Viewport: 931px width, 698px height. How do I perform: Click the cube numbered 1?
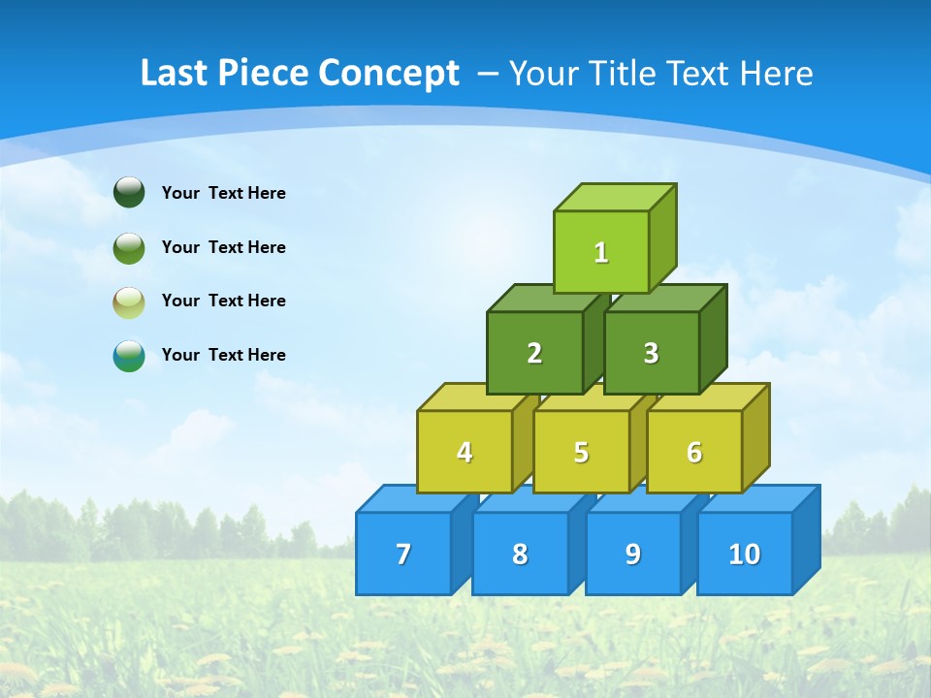click(601, 252)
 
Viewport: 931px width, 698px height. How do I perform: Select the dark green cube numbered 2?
click(534, 353)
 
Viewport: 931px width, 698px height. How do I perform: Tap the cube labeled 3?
click(651, 353)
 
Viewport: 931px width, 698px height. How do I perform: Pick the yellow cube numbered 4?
click(465, 452)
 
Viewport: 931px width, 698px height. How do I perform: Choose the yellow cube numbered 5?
click(581, 452)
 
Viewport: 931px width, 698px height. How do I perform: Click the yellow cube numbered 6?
click(694, 452)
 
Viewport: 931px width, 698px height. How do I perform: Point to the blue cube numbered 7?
click(403, 554)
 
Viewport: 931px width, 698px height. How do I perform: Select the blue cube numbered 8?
click(520, 554)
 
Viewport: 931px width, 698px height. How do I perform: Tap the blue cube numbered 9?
click(632, 554)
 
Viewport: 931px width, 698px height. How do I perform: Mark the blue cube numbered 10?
click(744, 554)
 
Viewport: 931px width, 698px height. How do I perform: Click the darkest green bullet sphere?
click(129, 192)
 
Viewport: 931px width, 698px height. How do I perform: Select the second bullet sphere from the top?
click(129, 247)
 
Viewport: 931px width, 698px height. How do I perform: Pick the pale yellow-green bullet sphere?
click(129, 301)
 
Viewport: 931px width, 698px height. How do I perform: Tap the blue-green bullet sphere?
click(129, 356)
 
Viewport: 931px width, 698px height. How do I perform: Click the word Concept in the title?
click(388, 74)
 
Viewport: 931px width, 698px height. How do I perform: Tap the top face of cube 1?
click(615, 197)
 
